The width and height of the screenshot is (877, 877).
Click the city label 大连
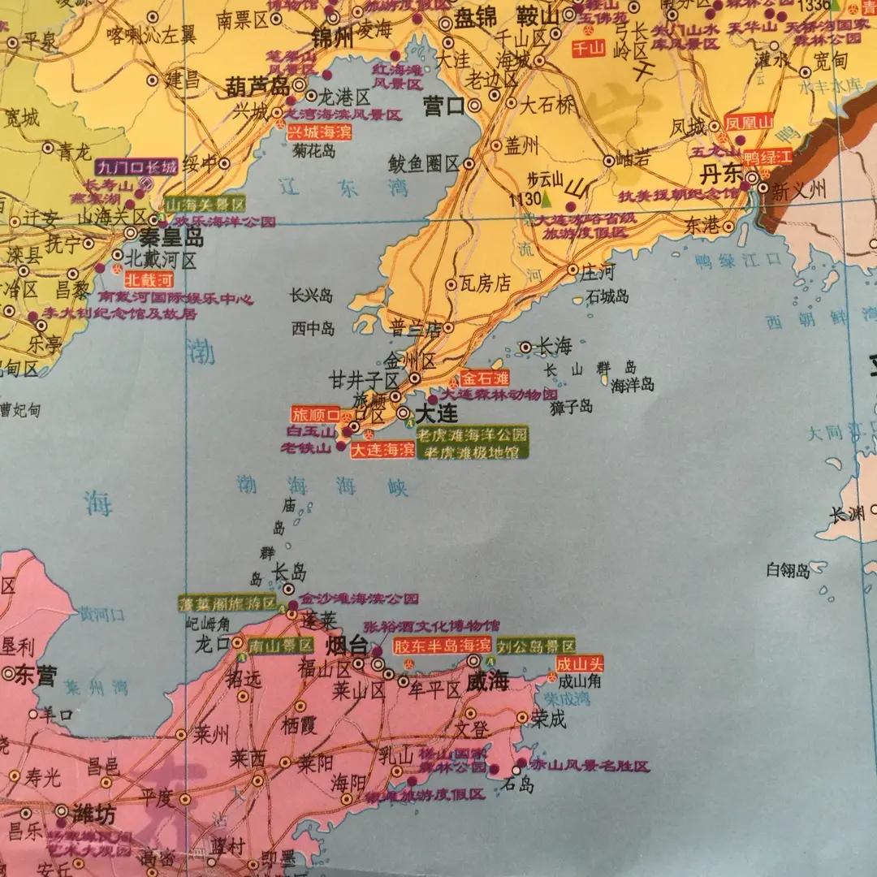(x=437, y=413)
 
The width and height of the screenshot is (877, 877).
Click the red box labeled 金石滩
(x=484, y=378)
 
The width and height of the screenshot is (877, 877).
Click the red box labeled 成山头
(x=580, y=664)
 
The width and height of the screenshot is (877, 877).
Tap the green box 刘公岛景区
(x=536, y=646)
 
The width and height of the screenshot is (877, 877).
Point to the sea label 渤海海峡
(x=323, y=486)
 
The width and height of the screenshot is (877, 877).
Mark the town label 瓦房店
(x=486, y=284)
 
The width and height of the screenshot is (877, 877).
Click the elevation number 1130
(x=525, y=199)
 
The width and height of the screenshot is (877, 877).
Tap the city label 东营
(x=37, y=676)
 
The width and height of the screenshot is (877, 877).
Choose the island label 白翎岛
(x=788, y=571)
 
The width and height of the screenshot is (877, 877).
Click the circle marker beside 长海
(x=525, y=347)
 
